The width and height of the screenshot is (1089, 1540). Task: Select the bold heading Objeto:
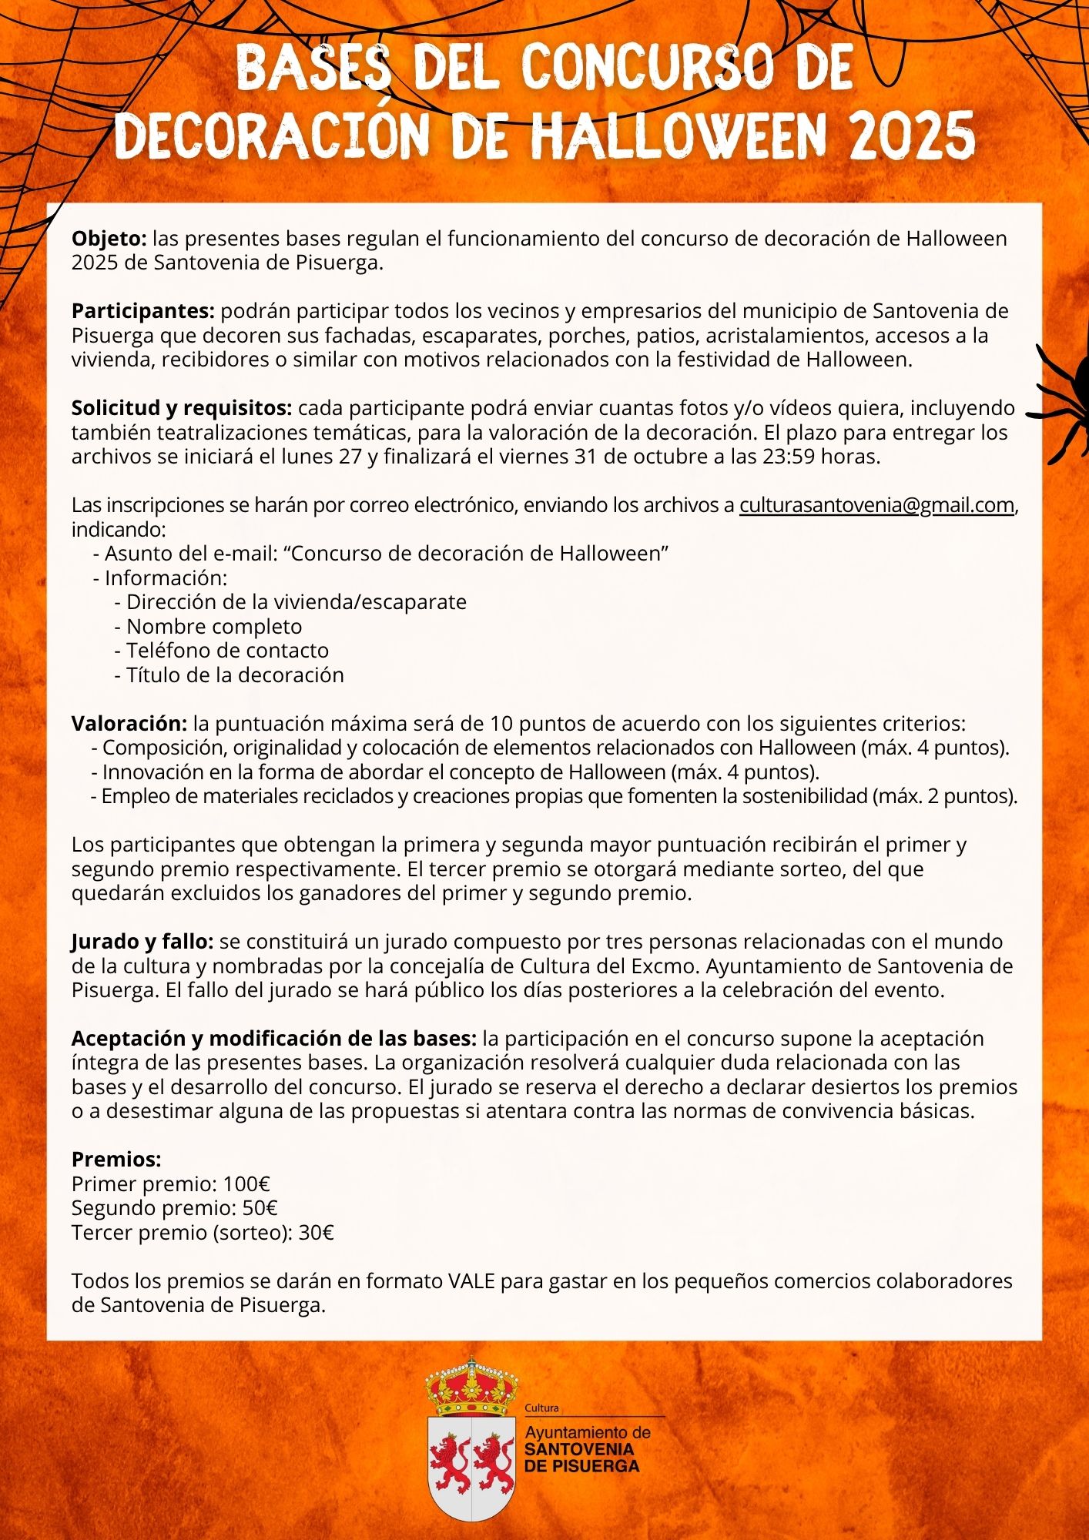109,239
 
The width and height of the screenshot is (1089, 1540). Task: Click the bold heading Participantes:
143,311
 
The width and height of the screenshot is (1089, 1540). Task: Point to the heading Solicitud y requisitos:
182,407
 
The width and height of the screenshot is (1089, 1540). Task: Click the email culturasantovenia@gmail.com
876,505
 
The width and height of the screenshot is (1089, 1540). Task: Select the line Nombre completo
213,627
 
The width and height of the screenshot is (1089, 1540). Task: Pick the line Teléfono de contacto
227,651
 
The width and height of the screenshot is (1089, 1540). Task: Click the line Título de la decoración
234,675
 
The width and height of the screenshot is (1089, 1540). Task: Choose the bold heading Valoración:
129,724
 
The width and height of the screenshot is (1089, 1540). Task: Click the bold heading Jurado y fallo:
142,942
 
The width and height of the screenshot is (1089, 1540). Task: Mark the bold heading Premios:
116,1160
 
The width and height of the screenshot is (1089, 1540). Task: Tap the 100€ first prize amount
246,1184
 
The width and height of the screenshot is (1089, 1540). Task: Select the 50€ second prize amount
260,1208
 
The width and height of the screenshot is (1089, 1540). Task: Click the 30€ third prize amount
316,1233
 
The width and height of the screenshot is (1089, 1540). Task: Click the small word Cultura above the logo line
541,1408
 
